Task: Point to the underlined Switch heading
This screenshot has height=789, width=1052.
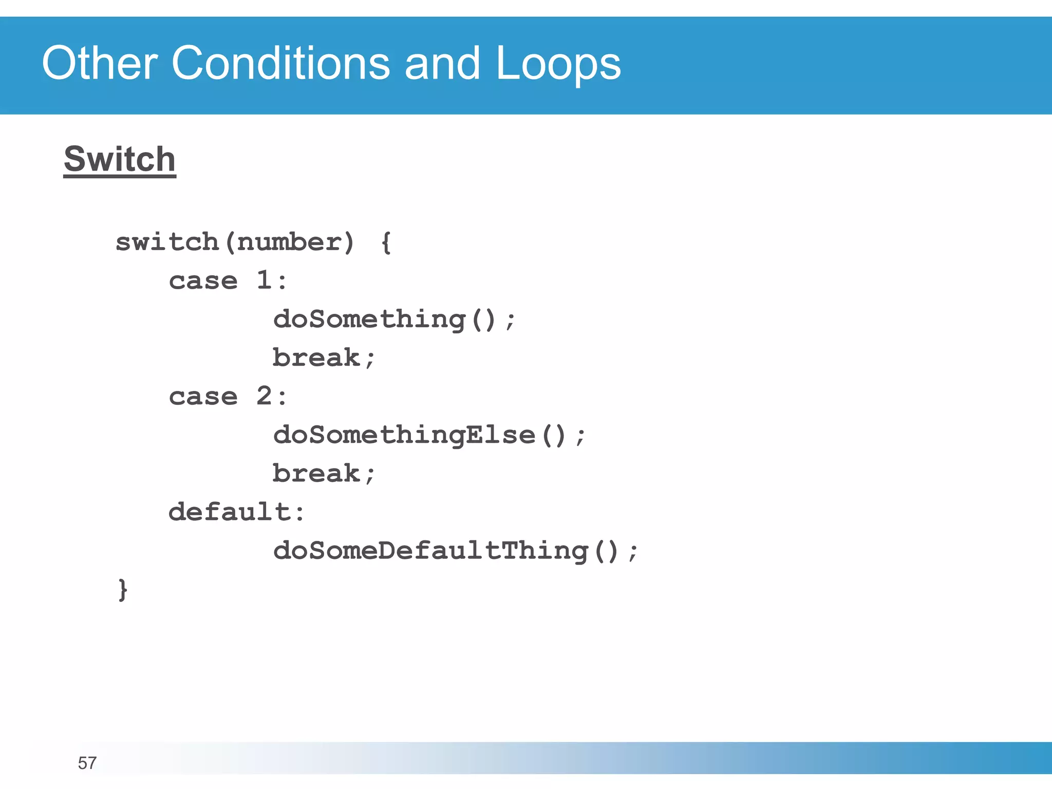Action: (x=120, y=159)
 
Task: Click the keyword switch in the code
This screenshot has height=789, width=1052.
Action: (x=167, y=241)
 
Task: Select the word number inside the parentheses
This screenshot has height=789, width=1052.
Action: (x=289, y=242)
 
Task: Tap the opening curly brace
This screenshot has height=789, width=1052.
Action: (x=386, y=242)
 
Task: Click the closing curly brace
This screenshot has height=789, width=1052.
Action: (x=122, y=590)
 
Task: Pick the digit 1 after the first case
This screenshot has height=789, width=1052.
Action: (x=264, y=280)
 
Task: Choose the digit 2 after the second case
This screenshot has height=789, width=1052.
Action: (x=264, y=396)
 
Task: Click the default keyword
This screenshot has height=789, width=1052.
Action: (x=230, y=512)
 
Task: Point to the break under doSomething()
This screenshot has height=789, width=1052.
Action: (x=316, y=358)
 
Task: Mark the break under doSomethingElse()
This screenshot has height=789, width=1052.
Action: (x=316, y=473)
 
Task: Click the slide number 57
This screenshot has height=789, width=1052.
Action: (x=87, y=763)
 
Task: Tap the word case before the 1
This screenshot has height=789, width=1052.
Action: (x=203, y=281)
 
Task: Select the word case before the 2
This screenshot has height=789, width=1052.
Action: (x=203, y=397)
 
